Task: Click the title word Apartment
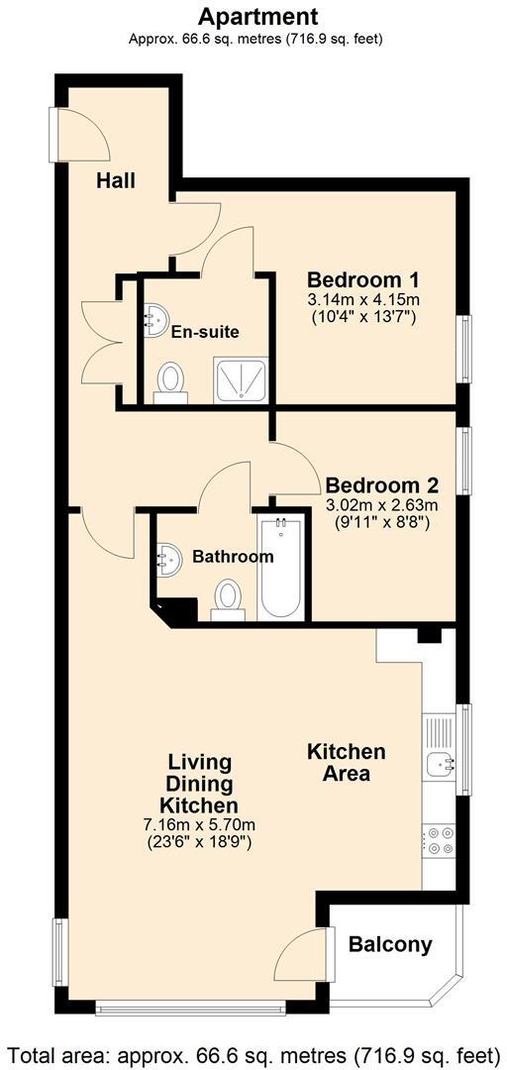pos(257,17)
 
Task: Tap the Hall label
pos(116,181)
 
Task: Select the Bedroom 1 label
pos(362,278)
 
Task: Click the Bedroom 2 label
pos(381,485)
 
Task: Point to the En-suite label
pos(205,332)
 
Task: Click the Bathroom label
pos(233,557)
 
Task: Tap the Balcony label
pos(390,945)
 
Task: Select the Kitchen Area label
pos(346,762)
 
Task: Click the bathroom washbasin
pos(169,560)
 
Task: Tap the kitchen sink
pos(438,762)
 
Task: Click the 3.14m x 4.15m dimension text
pos(362,300)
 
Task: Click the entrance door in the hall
pos(74,134)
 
